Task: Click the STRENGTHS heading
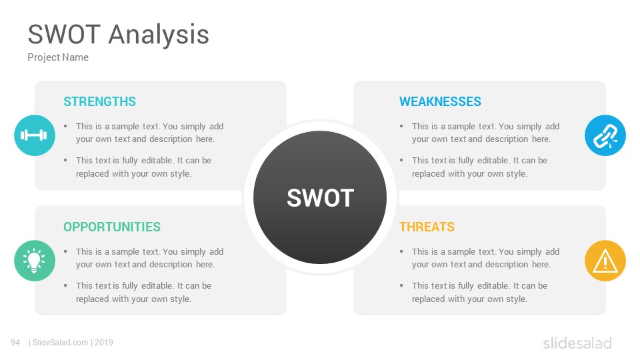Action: coord(99,101)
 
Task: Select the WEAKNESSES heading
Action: coord(440,101)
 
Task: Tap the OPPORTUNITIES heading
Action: coord(112,227)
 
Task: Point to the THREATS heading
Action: coord(427,227)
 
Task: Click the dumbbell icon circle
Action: coord(35,135)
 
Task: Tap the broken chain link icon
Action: coord(605,135)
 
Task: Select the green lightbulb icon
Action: coord(35,261)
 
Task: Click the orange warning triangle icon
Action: coord(605,261)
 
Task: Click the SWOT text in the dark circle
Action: coord(321,198)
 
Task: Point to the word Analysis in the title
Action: coord(159,34)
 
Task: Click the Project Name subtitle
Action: coord(58,57)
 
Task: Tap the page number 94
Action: coord(15,343)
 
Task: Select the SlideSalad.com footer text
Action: coord(61,343)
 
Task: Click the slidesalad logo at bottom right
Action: coord(577,343)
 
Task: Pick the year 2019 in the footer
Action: coord(104,343)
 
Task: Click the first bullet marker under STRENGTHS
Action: coord(65,126)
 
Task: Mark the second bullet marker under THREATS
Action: coord(401,285)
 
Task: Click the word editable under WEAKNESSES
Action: coord(493,161)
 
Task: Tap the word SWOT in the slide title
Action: coord(64,34)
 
